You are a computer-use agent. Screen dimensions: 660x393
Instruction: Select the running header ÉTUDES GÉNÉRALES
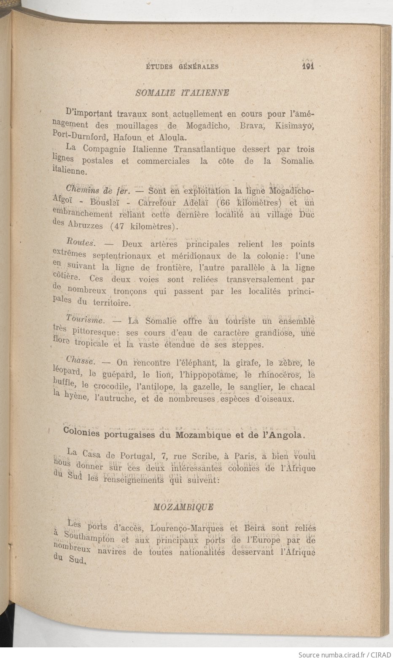[x=182, y=67]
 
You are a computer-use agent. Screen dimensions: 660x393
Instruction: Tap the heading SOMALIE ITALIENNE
[x=183, y=93]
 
